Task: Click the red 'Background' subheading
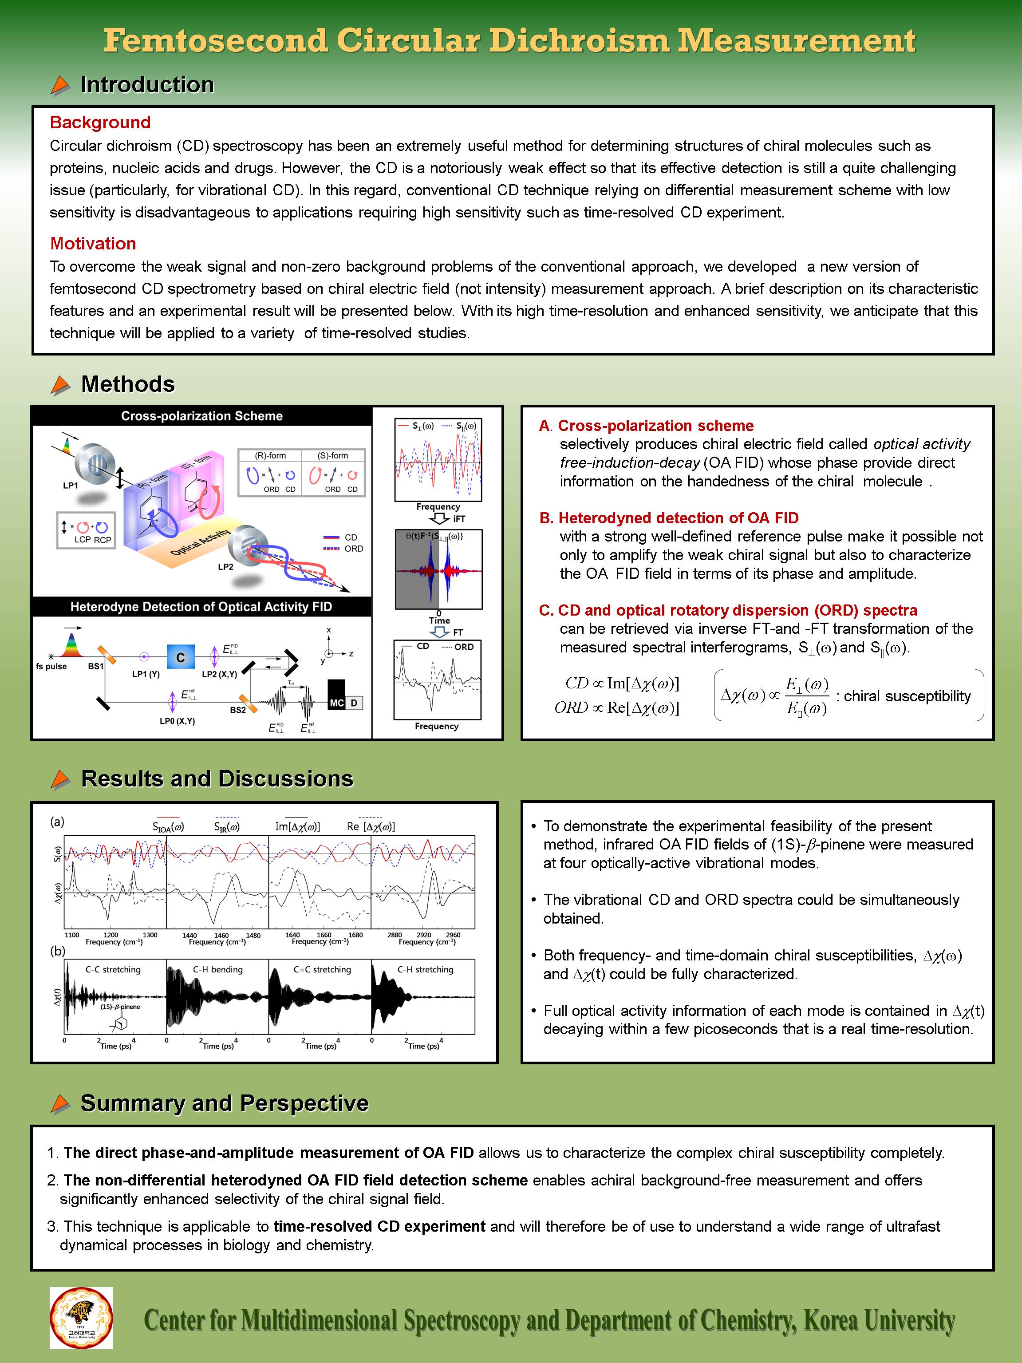pyautogui.click(x=100, y=122)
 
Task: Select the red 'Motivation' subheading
pyautogui.click(x=93, y=243)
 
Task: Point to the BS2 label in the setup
pyautogui.click(x=238, y=710)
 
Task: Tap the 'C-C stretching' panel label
pyautogui.click(x=113, y=969)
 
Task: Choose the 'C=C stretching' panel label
pyautogui.click(x=322, y=969)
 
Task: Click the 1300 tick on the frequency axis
pyautogui.click(x=150, y=935)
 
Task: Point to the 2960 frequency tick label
pyautogui.click(x=453, y=935)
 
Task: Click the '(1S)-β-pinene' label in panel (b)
pyautogui.click(x=120, y=1007)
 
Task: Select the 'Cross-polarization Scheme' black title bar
pyautogui.click(x=201, y=416)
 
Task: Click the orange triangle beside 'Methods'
pyautogui.click(x=60, y=385)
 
